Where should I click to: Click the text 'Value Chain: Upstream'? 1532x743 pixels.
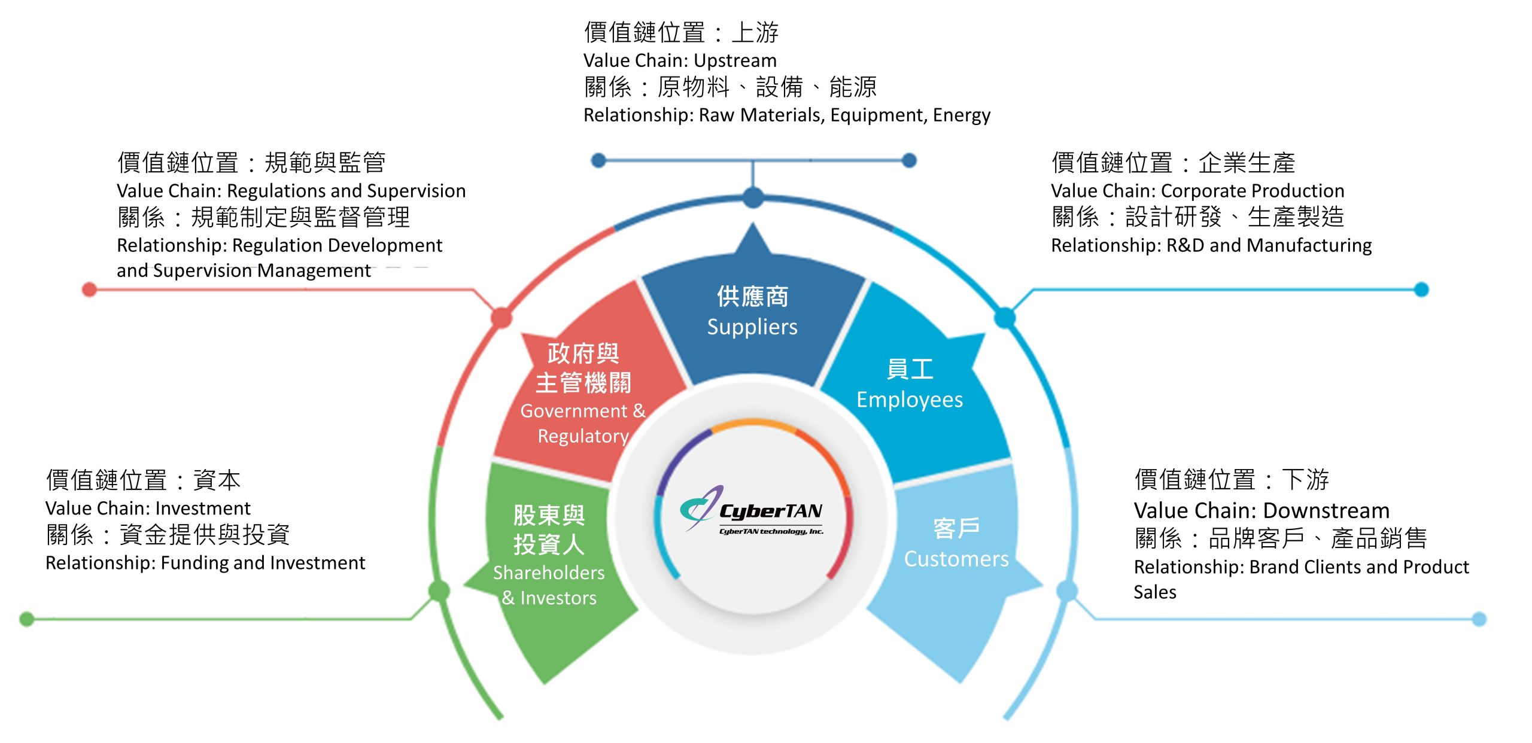[x=680, y=60]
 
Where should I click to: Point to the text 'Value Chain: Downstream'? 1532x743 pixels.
[x=1262, y=510]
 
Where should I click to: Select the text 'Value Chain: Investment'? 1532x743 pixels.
[x=148, y=508]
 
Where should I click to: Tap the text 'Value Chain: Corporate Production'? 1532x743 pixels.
[x=1197, y=191]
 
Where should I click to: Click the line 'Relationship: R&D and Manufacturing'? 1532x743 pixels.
[x=1211, y=245]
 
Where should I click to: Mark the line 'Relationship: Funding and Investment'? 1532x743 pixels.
[x=205, y=563]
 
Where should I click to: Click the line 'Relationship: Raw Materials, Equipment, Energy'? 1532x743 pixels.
[x=787, y=115]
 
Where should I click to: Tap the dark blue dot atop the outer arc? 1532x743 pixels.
[x=753, y=197]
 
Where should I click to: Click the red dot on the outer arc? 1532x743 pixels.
[x=501, y=318]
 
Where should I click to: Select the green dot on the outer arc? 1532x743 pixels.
[x=439, y=591]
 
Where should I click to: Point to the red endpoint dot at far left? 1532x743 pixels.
[x=89, y=290]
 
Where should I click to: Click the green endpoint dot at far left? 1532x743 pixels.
[x=26, y=619]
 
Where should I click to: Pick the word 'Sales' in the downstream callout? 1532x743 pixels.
[x=1155, y=592]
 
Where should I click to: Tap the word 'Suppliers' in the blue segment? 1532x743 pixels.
[x=752, y=327]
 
